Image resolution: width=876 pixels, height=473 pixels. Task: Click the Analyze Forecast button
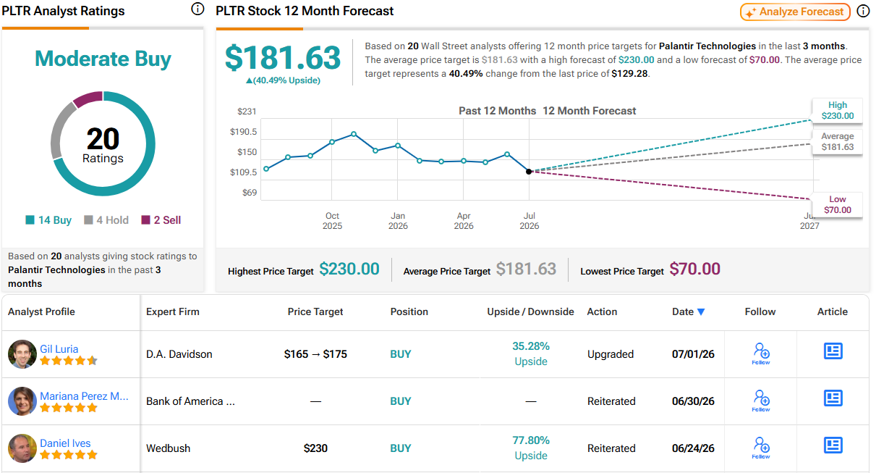tap(795, 12)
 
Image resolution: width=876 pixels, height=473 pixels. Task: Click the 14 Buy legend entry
tap(48, 220)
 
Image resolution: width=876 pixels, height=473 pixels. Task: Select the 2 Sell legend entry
tap(161, 220)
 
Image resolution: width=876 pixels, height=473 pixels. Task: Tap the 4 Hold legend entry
tap(106, 220)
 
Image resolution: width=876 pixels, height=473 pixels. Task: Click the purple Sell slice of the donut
tap(88, 99)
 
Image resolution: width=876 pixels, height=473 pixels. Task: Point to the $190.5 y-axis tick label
tap(243, 132)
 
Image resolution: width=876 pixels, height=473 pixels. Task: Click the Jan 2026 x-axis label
tap(398, 221)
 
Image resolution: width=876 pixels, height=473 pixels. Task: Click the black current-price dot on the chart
tap(529, 172)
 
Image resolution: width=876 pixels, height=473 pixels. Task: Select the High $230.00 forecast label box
tap(837, 110)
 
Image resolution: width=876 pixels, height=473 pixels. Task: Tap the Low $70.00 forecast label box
tap(837, 204)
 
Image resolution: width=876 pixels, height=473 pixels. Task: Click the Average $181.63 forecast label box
tap(837, 142)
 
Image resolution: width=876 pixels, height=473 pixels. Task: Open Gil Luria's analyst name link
tap(59, 349)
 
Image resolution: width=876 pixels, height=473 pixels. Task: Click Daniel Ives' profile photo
tap(22, 448)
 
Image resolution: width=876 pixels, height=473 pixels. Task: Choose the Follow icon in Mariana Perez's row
tap(761, 401)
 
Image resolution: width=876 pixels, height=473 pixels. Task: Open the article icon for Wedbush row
tap(833, 445)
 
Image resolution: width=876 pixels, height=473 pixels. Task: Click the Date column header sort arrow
tap(701, 311)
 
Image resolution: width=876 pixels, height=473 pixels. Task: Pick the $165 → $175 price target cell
tap(315, 354)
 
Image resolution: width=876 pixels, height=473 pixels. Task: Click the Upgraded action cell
tap(611, 354)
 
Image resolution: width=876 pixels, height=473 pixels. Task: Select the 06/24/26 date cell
tap(693, 448)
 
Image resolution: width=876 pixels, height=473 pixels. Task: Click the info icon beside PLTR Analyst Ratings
tap(197, 9)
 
